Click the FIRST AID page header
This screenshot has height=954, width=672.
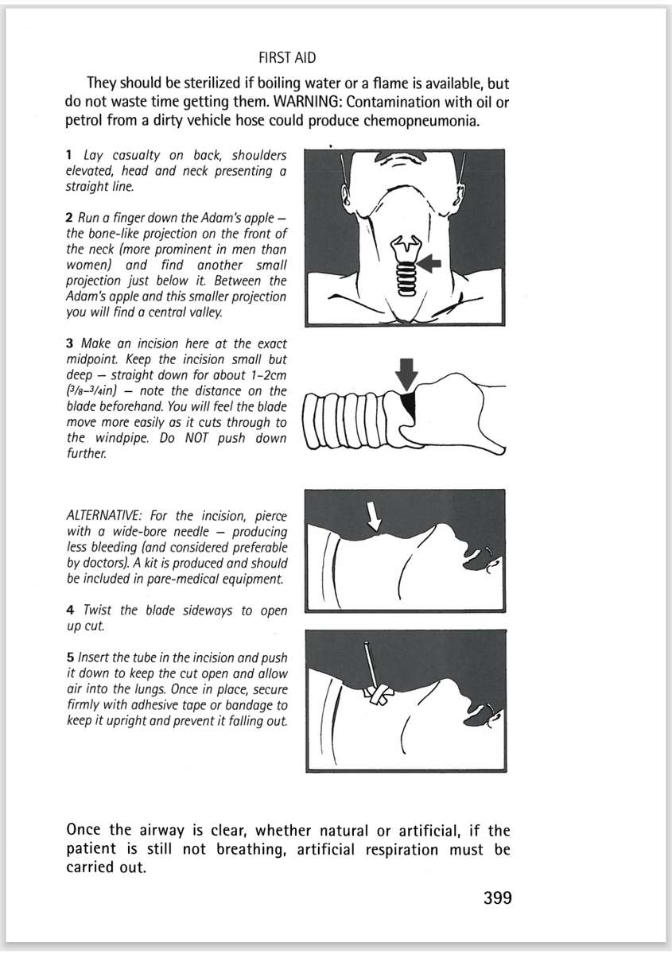coord(287,58)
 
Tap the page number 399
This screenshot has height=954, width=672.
coord(497,898)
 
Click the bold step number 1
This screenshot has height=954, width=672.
coord(70,157)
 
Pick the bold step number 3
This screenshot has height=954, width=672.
coord(70,344)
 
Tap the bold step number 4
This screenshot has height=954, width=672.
coord(70,611)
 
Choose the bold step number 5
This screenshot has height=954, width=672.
coord(70,658)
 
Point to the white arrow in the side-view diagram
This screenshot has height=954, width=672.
coord(373,518)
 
